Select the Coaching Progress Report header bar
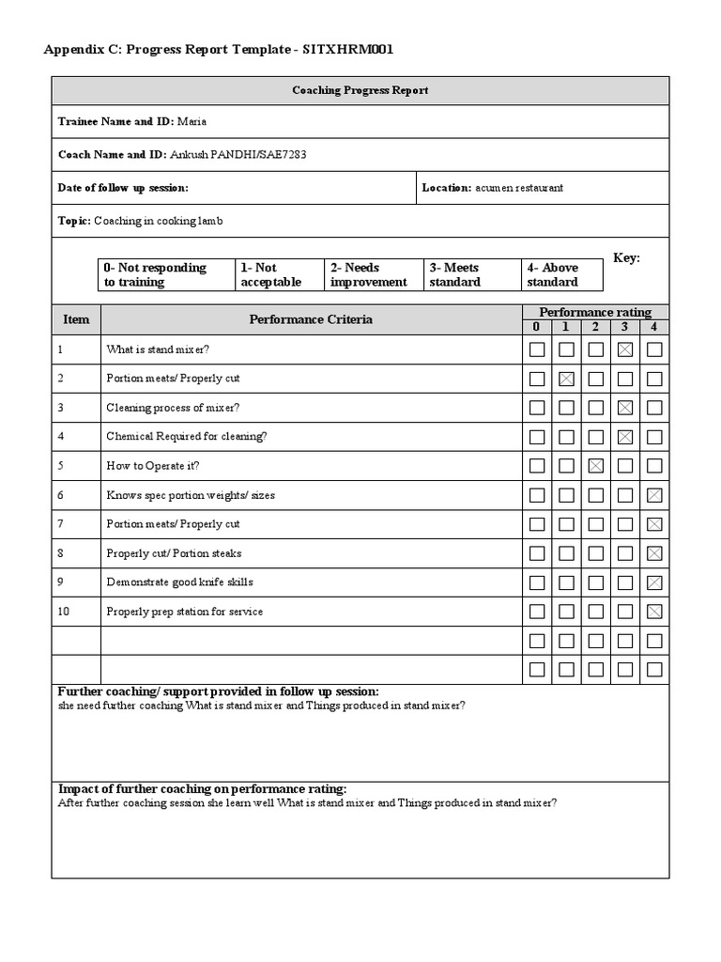pyautogui.click(x=360, y=90)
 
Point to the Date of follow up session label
pyautogui.click(x=123, y=188)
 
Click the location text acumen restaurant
pyautogui.click(x=519, y=188)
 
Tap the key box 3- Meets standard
pyautogui.click(x=469, y=274)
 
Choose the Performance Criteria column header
pyautogui.click(x=311, y=319)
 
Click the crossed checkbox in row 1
pyautogui.click(x=625, y=349)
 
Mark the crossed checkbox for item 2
pyautogui.click(x=566, y=379)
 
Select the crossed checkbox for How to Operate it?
pyautogui.click(x=595, y=466)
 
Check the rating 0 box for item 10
pyautogui.click(x=536, y=612)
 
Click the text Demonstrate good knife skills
pyautogui.click(x=179, y=582)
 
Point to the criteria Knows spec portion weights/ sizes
pyautogui.click(x=191, y=495)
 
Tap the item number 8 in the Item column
pyautogui.click(x=61, y=553)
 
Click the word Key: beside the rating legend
pyautogui.click(x=626, y=258)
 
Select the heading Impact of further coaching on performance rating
pyautogui.click(x=203, y=789)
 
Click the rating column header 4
pyautogui.click(x=654, y=327)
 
